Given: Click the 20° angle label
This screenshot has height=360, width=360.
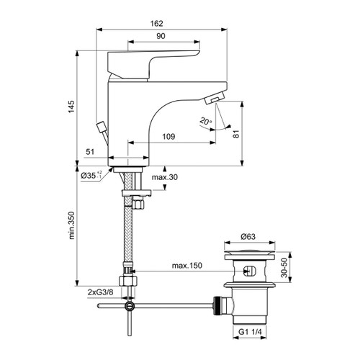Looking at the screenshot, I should pos(207,122).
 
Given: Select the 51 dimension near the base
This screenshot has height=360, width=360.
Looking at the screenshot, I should pos(90,152).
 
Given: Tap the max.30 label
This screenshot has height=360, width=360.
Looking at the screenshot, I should pos(164,177).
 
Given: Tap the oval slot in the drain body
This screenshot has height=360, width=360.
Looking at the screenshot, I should pos(249,272).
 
